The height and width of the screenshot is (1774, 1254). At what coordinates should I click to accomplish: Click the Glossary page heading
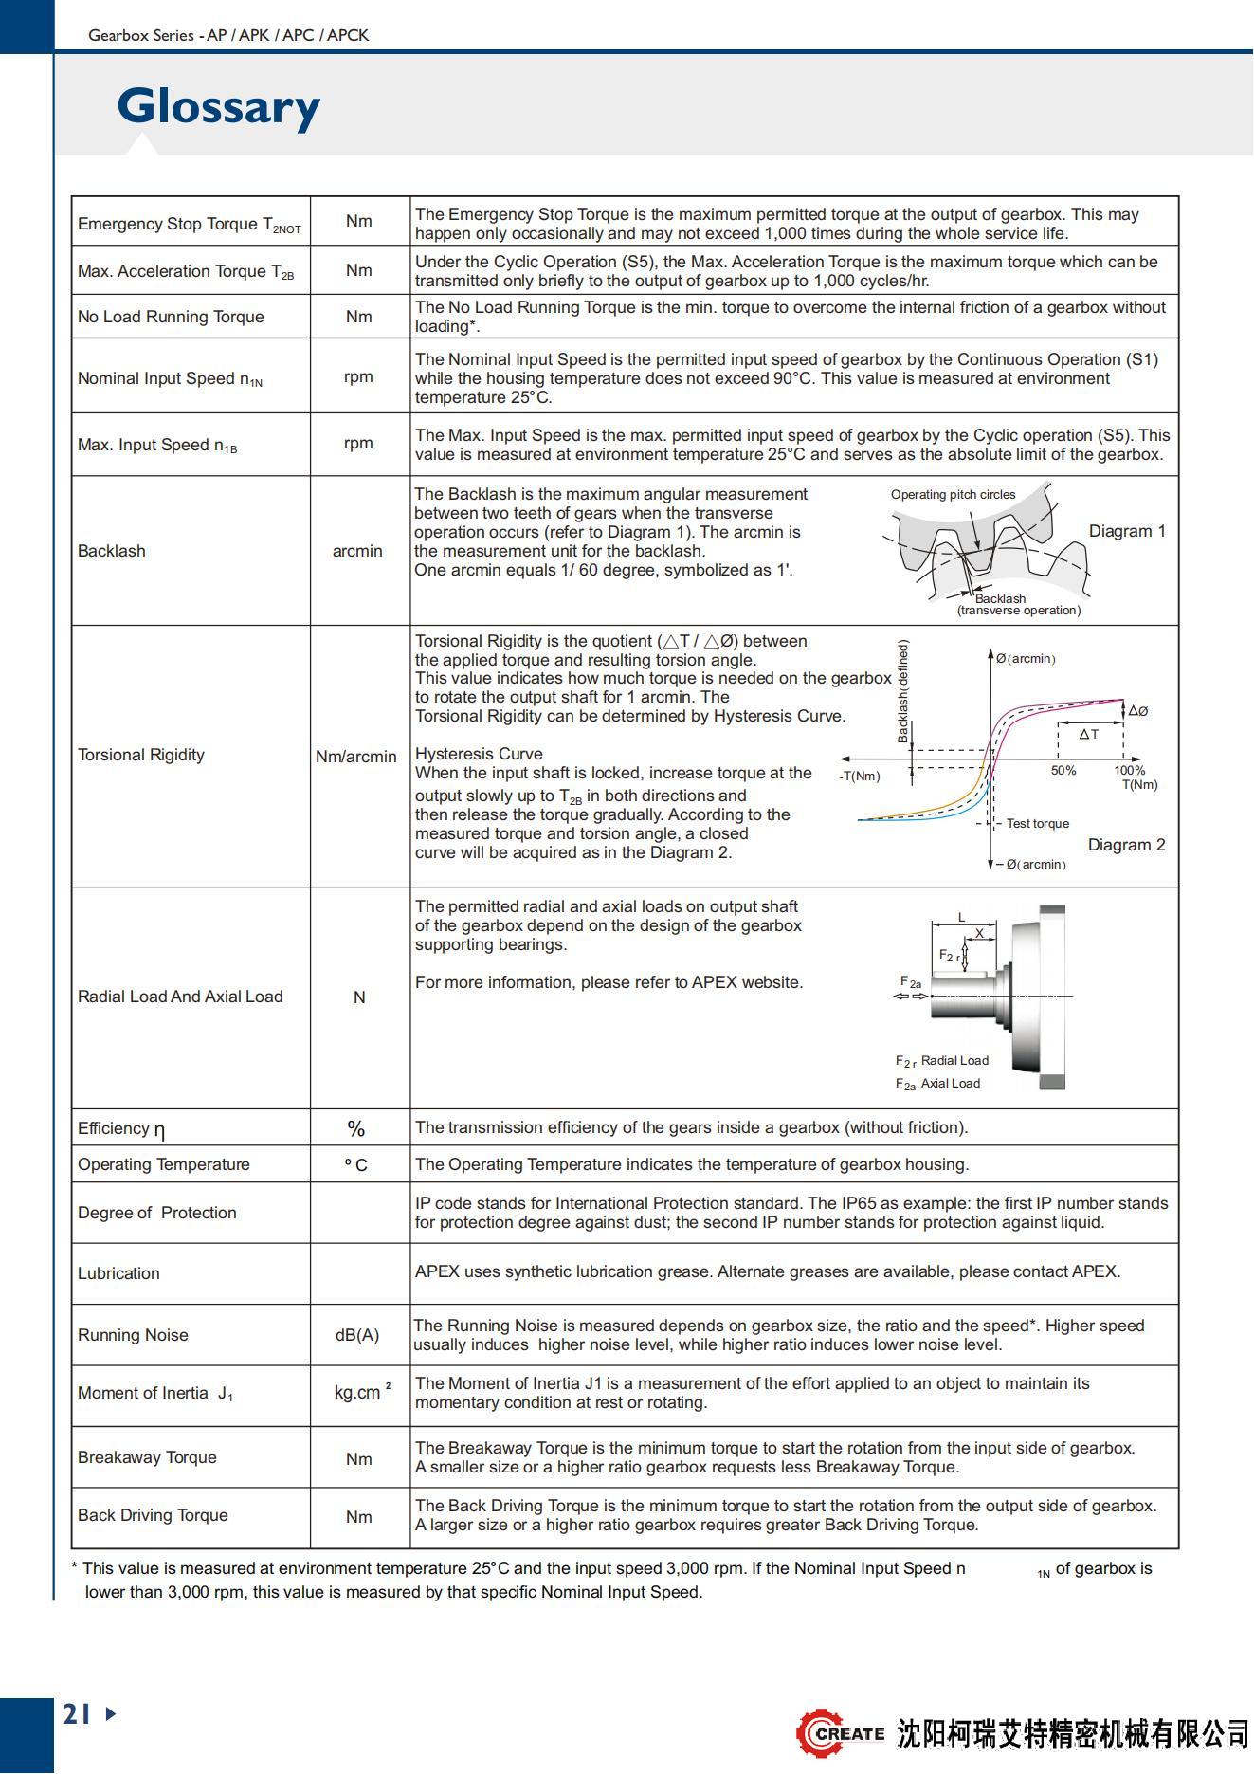pos(218,106)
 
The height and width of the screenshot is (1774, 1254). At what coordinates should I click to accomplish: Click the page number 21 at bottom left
pos(78,1713)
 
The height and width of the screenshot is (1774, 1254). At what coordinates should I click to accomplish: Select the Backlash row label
pos(112,551)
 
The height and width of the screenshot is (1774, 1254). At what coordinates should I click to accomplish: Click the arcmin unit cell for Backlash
pos(357,551)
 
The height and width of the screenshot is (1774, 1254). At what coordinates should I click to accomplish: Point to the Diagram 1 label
pos(1126,531)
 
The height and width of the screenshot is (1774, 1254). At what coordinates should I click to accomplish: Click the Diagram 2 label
pos(1126,845)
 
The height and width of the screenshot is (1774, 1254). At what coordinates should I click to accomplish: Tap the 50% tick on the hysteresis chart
pos(1063,771)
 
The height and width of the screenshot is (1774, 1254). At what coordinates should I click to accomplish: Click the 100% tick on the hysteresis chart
pos(1129,771)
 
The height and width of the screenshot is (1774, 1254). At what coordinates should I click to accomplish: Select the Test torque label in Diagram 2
pos(1037,824)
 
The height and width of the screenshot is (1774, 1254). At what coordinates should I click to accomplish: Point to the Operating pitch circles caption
pos(953,494)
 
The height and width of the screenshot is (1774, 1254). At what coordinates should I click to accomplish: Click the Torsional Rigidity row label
pos(141,755)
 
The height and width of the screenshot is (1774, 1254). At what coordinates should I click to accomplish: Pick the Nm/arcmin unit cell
pos(356,757)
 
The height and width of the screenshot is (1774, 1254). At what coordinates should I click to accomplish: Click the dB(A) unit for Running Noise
pos(357,1335)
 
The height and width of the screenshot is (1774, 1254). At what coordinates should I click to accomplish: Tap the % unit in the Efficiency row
pos(356,1128)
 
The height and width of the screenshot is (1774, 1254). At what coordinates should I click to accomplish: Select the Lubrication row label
pos(118,1273)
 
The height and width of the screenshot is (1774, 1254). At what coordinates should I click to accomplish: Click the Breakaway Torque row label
pos(147,1457)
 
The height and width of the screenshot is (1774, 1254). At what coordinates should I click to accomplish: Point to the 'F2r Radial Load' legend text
pos(942,1061)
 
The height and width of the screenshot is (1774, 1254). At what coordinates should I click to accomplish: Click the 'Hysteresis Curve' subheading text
pos(479,754)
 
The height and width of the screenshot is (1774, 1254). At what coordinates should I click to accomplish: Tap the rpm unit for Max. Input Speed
pos(358,444)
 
